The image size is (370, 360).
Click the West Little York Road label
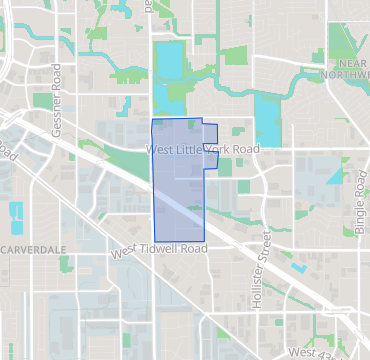click(x=202, y=149)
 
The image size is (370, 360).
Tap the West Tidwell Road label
click(x=159, y=248)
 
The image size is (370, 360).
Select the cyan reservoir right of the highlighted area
click(x=267, y=118)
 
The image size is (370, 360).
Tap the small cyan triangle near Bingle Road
click(x=333, y=174)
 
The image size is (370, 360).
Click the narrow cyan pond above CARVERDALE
click(x=16, y=214)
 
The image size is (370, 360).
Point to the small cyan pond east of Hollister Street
click(x=298, y=268)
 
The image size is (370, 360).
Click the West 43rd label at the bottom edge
click(x=312, y=353)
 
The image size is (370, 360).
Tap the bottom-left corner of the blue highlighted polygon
click(x=153, y=240)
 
